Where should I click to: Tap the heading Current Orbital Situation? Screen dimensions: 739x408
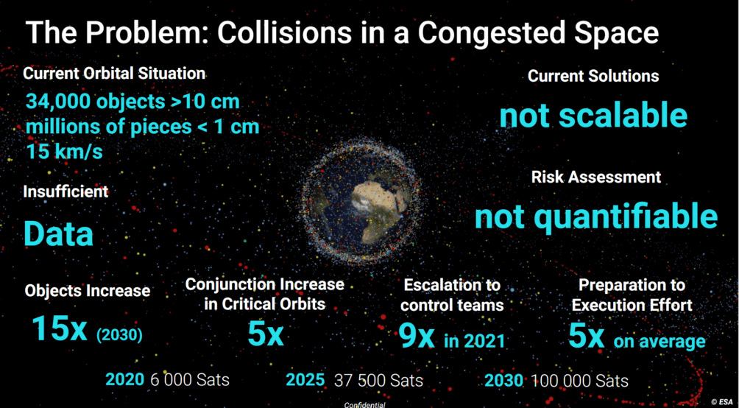click(114, 74)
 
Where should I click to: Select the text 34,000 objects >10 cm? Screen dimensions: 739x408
click(132, 102)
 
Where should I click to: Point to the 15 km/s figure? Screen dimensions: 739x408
click(64, 152)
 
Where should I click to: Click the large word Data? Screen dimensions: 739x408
click(58, 233)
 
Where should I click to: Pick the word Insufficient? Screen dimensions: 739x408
click(66, 191)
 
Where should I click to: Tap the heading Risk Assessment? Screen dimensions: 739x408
click(596, 177)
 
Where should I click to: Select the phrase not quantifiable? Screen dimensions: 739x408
click(596, 217)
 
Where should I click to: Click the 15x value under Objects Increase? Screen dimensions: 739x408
click(60, 328)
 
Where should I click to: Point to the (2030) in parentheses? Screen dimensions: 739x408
click(119, 335)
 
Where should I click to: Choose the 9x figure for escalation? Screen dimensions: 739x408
click(416, 335)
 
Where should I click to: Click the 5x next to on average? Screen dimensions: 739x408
click(587, 335)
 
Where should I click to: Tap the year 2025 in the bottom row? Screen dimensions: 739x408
click(305, 380)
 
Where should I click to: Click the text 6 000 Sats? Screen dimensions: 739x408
click(190, 380)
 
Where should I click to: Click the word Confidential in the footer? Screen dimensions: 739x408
click(365, 405)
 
